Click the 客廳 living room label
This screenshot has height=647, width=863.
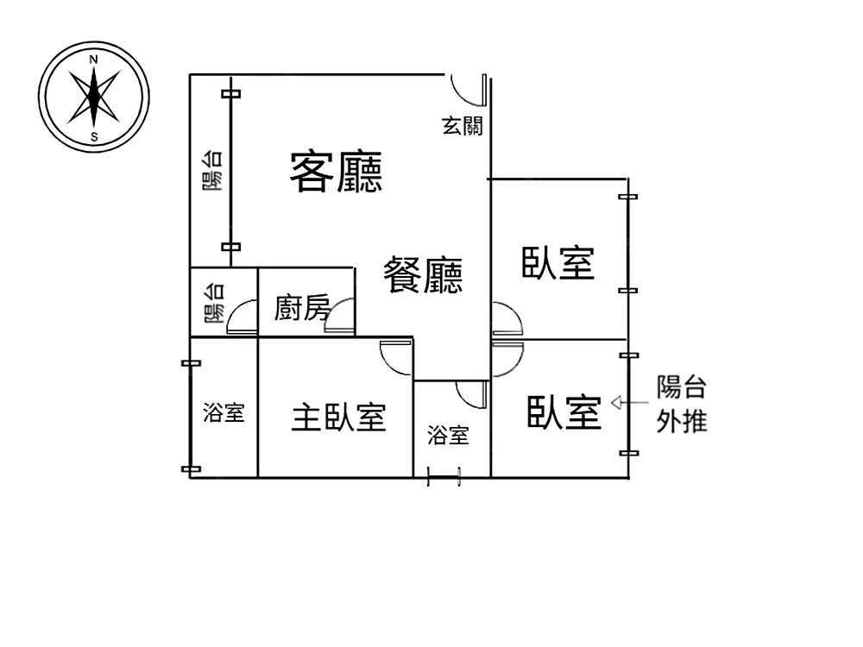click(336, 172)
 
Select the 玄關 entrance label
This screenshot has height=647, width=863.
click(462, 126)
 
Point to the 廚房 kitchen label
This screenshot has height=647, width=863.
click(302, 307)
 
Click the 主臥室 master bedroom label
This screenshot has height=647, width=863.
click(337, 418)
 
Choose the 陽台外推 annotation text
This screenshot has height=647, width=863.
click(682, 404)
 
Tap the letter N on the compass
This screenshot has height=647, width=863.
click(94, 60)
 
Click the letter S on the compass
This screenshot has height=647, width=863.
click(94, 136)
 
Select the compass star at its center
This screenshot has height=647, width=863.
click(94, 96)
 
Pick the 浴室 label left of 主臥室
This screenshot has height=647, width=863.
click(224, 413)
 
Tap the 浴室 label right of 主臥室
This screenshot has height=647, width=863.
click(448, 436)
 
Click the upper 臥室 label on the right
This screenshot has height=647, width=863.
click(558, 263)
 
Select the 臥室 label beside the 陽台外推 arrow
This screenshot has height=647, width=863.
click(564, 413)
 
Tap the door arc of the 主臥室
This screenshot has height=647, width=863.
click(395, 355)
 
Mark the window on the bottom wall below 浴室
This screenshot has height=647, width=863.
click(444, 477)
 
